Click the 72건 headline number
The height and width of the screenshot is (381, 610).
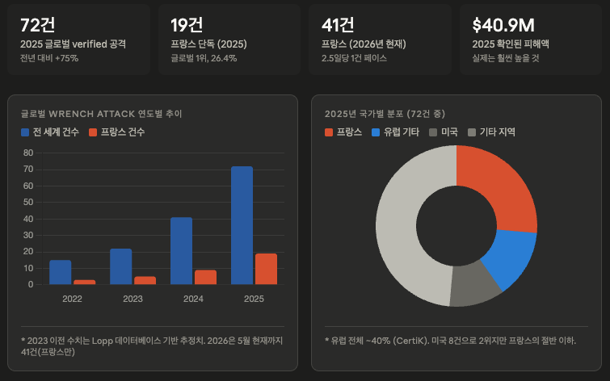[x=37, y=25]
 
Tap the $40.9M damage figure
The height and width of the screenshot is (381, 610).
[x=503, y=25]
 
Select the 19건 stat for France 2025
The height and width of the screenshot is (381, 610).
[x=187, y=25]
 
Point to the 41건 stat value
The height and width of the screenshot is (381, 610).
[x=338, y=25]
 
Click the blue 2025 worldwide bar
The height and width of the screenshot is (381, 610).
[x=242, y=225]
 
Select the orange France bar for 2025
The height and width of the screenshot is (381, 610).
[x=266, y=269]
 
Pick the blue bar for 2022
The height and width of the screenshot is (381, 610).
[x=61, y=272]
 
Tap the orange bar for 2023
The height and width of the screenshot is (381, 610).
[x=145, y=280]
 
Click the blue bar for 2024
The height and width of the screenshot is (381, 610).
[x=181, y=251]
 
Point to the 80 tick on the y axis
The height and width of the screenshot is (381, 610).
[x=28, y=153]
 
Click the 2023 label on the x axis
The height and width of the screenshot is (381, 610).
[x=133, y=299]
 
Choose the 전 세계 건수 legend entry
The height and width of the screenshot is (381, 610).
[x=50, y=132]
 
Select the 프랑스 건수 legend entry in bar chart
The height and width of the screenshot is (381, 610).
[x=116, y=132]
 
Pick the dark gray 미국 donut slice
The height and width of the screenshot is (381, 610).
[x=473, y=285]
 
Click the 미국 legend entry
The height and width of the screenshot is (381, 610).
[x=444, y=132]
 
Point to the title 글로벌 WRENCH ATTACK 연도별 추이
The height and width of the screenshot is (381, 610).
[x=102, y=114]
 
